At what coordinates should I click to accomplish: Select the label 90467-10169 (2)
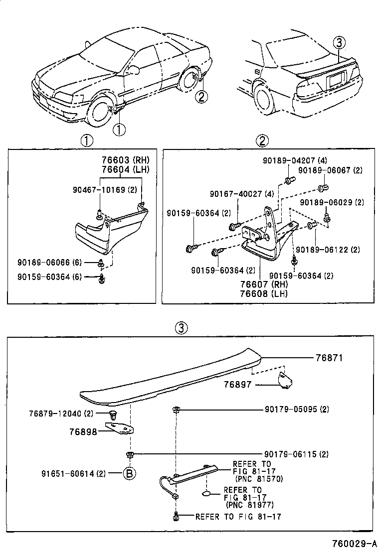104,190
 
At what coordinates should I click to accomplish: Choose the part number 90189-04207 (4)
288,160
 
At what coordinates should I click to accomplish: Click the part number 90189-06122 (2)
328,250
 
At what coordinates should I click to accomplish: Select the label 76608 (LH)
265,293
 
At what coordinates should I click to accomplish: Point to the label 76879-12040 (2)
61,414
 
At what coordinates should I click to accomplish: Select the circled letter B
129,473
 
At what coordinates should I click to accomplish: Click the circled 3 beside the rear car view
339,43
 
